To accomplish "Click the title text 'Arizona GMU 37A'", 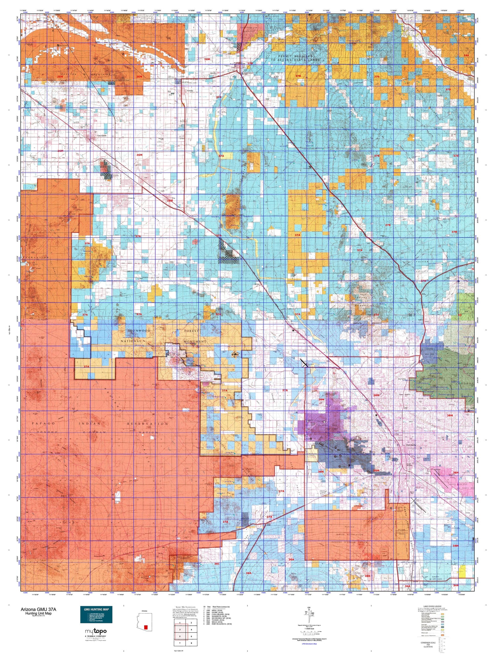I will point(38,609).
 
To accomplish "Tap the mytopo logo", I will point(96,631).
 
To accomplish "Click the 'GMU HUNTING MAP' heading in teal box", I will point(96,610).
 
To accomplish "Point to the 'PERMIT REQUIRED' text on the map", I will point(295,56).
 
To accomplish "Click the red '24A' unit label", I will point(466,55).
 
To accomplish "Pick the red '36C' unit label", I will point(217,564).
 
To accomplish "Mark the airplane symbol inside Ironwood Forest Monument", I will point(235,354).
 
